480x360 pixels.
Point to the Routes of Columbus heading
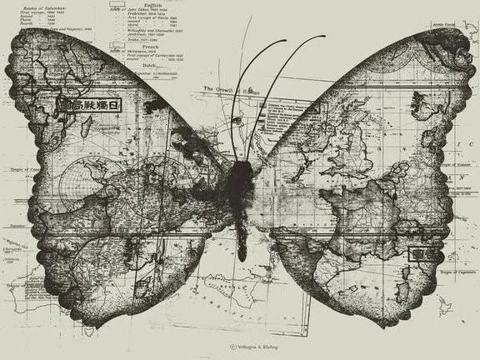click(45, 4)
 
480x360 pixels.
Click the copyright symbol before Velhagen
click(232, 345)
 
